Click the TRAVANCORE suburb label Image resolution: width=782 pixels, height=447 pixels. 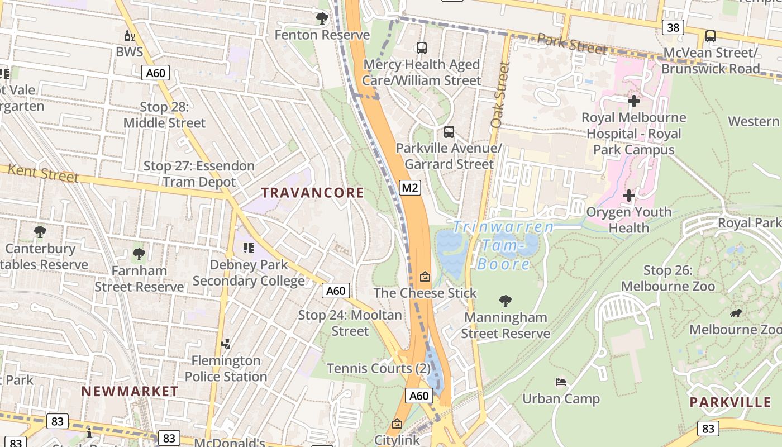tap(312, 193)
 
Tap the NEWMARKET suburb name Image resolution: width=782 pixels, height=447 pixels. tap(130, 391)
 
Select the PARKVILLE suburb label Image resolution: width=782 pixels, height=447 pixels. tap(730, 402)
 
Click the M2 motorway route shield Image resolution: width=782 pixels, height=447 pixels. tap(410, 187)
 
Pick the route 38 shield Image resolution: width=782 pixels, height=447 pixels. tap(673, 27)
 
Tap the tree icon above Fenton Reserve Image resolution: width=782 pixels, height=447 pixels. tap(322, 18)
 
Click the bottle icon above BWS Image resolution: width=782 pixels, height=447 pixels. tap(130, 36)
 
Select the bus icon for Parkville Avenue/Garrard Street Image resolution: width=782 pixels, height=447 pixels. tap(449, 132)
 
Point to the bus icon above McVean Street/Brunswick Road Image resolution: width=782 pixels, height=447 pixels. tap(710, 36)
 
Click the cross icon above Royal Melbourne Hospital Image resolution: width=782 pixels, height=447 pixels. tap(633, 101)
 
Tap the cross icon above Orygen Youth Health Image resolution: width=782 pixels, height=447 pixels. tap(629, 196)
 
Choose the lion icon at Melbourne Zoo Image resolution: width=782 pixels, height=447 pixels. tap(736, 313)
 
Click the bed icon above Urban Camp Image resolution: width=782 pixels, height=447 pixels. tap(561, 382)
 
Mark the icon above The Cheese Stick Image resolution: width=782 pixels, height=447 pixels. tap(425, 277)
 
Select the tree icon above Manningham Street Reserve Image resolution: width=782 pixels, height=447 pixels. tap(506, 301)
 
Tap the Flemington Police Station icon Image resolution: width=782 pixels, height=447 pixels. tap(226, 344)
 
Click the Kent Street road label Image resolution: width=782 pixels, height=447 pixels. tap(44, 173)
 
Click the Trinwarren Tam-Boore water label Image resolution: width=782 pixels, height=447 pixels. tap(503, 244)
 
